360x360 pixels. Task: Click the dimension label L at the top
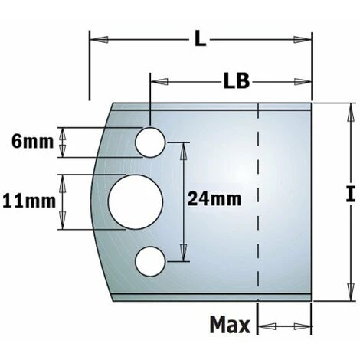click(200, 40)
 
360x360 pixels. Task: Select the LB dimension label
click(237, 81)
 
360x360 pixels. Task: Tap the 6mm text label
click(33, 142)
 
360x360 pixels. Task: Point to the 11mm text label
click(29, 201)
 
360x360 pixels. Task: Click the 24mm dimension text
click(214, 199)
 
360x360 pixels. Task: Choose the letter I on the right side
click(351, 194)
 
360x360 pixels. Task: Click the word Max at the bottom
click(230, 325)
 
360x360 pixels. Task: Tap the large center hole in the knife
click(136, 202)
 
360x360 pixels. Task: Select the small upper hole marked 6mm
click(150, 142)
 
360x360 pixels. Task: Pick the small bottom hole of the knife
click(150, 261)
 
